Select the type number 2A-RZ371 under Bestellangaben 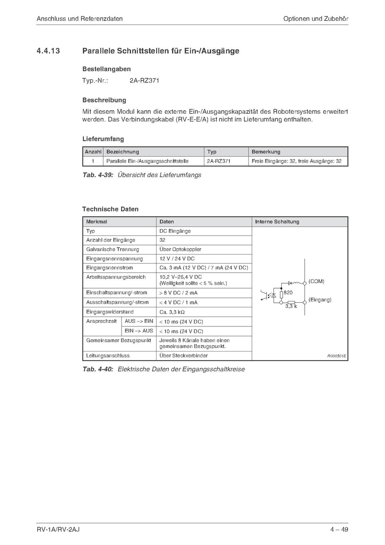(x=144, y=81)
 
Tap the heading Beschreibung (x=104, y=100)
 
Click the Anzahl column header (x=93, y=152)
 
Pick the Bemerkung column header (x=266, y=152)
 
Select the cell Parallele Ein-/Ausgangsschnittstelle (x=147, y=161)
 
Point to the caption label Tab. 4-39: (x=97, y=175)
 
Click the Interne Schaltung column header (x=277, y=222)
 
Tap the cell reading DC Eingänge (x=175, y=231)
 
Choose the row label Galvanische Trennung (x=113, y=250)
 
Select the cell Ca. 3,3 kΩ (x=172, y=312)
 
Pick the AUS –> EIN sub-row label (x=139, y=321)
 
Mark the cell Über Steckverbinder (x=184, y=356)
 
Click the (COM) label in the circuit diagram (x=316, y=281)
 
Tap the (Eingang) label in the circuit (x=320, y=300)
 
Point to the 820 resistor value (x=288, y=292)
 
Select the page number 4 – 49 (x=339, y=529)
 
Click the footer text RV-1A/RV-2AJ (x=59, y=529)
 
